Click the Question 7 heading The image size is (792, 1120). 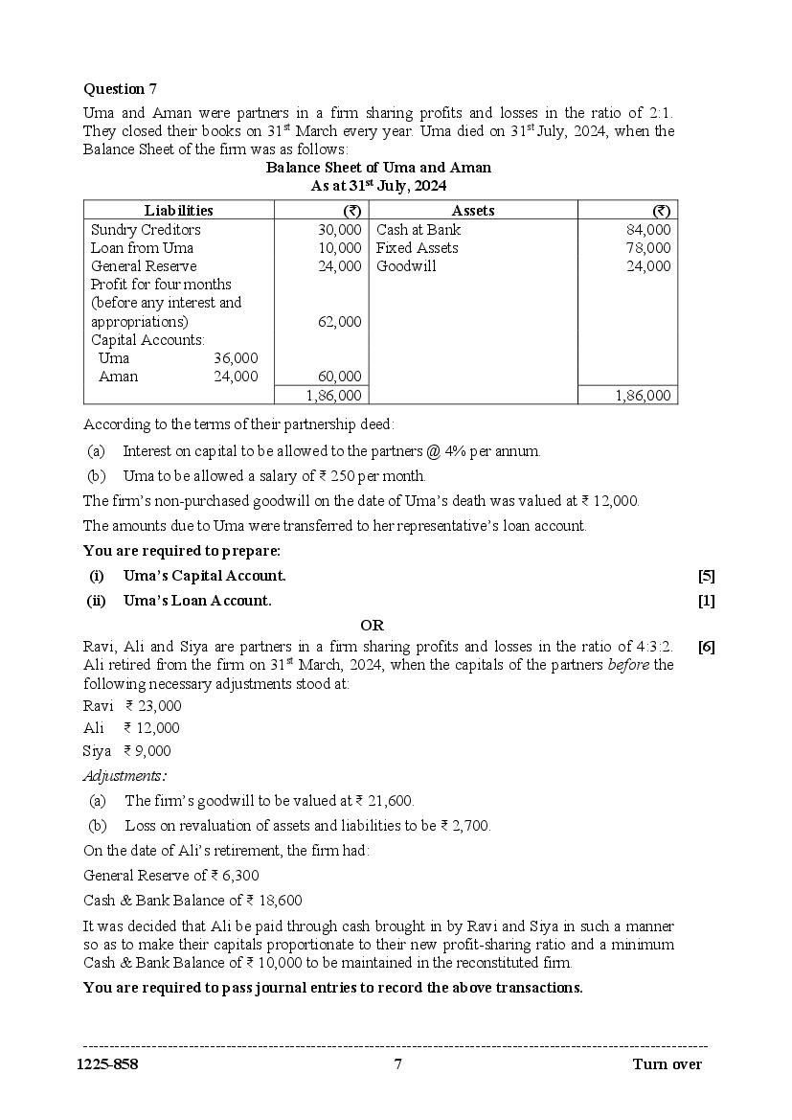120,89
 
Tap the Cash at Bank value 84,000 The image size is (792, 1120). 649,230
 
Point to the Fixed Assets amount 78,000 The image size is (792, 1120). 649,248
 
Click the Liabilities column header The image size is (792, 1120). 179,211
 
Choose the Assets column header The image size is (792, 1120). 473,211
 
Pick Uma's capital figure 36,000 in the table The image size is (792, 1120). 236,358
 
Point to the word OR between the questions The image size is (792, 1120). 372,625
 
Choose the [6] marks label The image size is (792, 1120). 706,647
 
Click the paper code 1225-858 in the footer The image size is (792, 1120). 110,1064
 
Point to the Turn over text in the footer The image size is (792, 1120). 667,1064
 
